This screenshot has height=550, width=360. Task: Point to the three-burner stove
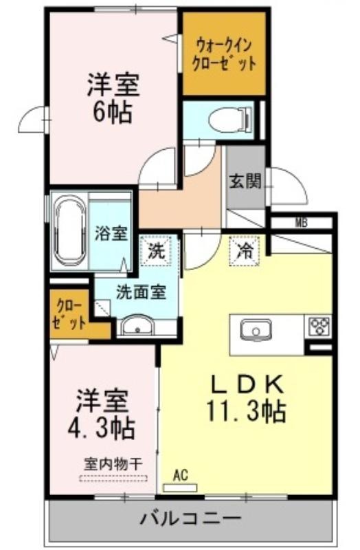click(x=319, y=325)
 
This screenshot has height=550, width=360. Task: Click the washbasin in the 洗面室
click(x=142, y=326)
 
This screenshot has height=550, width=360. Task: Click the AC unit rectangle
click(x=181, y=487)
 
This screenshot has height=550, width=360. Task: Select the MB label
click(x=300, y=222)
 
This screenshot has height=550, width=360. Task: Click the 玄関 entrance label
click(x=245, y=182)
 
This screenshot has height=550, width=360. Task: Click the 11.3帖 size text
click(x=245, y=412)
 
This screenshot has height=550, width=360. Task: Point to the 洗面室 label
click(x=140, y=292)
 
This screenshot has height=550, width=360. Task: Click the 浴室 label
click(x=110, y=232)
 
